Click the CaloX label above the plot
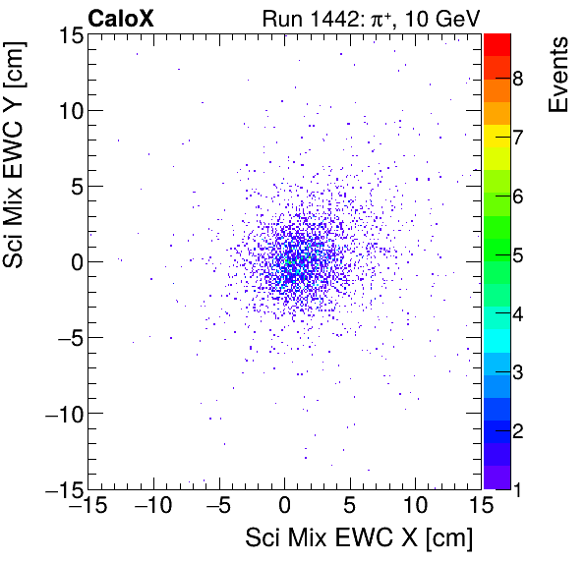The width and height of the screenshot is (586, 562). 120,18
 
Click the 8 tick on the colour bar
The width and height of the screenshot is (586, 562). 516,79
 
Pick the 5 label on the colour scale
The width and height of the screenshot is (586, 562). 516,256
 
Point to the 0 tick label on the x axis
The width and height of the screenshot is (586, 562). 285,507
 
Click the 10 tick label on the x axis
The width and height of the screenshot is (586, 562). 416,507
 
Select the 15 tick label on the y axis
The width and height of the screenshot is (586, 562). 67,34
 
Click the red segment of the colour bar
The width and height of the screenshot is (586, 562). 497,44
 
